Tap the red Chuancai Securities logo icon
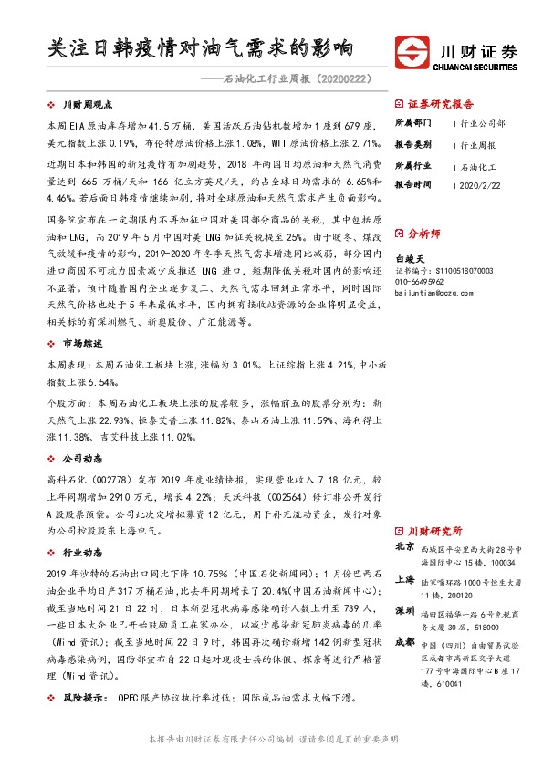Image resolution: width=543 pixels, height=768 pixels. tap(412, 51)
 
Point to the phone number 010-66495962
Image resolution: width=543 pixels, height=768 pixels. tap(425, 282)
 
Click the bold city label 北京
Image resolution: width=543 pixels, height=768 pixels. tap(405, 547)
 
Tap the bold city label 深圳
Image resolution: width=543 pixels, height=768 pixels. tap(405, 609)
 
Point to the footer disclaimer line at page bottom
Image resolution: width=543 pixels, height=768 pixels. tap(272, 738)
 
